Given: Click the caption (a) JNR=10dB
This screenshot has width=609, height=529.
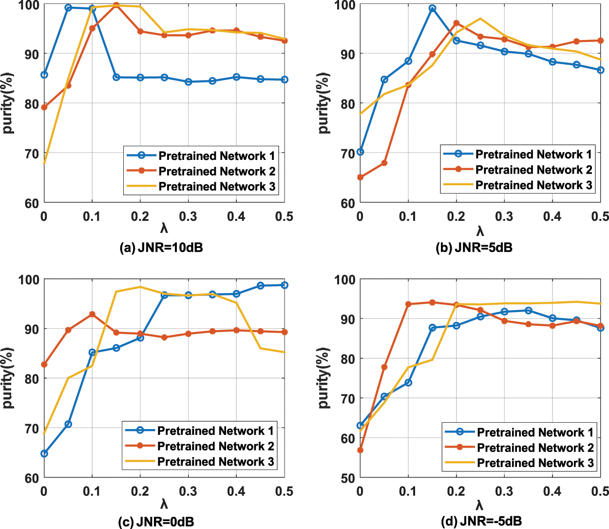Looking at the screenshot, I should pyautogui.click(x=161, y=248).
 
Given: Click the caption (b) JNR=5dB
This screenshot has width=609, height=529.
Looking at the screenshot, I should pyautogui.click(x=474, y=248).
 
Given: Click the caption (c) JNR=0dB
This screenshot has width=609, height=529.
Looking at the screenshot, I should pyautogui.click(x=156, y=522).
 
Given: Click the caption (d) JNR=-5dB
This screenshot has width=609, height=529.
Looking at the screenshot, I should pyautogui.click(x=481, y=521).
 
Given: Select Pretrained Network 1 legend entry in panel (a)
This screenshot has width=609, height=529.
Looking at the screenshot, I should pyautogui.click(x=216, y=156).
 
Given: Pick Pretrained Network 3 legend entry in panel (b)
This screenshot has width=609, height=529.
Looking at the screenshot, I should pyautogui.click(x=533, y=185).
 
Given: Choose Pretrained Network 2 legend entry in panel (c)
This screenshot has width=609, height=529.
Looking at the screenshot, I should pyautogui.click(x=215, y=446).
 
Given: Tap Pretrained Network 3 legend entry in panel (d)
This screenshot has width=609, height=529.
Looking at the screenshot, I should pyautogui.click(x=535, y=463).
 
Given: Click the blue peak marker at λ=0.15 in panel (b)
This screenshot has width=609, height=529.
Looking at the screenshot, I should pyautogui.click(x=432, y=8).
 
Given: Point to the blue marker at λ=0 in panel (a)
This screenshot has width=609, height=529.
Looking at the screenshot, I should pyautogui.click(x=44, y=75).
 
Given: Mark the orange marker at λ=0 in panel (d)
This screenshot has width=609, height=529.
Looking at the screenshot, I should pyautogui.click(x=360, y=450).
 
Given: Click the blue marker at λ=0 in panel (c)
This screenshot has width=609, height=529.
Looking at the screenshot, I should pyautogui.click(x=44, y=453).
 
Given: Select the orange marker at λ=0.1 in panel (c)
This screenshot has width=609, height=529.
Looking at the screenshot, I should pyautogui.click(x=92, y=314).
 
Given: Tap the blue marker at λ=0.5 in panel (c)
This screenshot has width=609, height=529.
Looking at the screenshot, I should pyautogui.click(x=285, y=285).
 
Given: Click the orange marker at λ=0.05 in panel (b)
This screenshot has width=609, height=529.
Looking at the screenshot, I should pyautogui.click(x=384, y=163).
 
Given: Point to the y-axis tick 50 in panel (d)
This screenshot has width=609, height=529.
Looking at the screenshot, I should pyautogui.click(x=348, y=478).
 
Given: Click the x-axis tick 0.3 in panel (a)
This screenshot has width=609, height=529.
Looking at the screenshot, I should pyautogui.click(x=188, y=216).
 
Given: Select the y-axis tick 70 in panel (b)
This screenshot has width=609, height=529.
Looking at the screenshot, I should pyautogui.click(x=348, y=154).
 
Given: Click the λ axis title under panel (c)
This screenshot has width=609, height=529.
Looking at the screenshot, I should pyautogui.click(x=164, y=504).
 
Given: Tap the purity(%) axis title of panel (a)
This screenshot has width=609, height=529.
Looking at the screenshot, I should pyautogui.click(x=8, y=103).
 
